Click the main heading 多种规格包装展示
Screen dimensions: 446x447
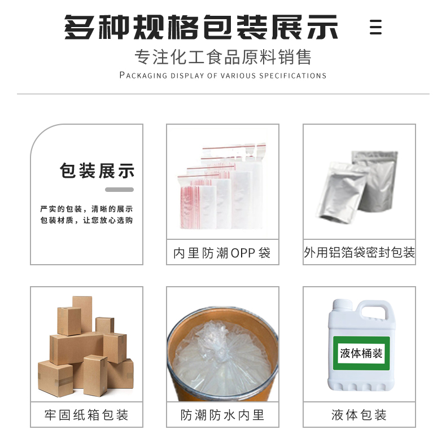tap(201, 27)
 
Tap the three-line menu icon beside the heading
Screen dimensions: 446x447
tap(375, 27)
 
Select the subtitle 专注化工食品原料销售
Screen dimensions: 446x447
tap(223, 57)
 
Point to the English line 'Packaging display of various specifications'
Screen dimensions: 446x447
tap(223, 76)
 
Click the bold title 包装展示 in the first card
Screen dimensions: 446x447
tap(97, 171)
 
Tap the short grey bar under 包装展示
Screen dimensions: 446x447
tap(120, 190)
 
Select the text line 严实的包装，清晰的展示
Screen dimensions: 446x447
tap(87, 209)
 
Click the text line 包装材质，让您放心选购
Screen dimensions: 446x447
tap(87, 220)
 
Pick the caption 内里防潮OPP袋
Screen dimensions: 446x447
tap(222, 253)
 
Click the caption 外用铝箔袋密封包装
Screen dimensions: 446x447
tap(359, 252)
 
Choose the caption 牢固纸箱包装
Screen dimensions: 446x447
tap(86, 415)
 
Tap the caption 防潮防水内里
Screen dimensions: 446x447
tap(222, 415)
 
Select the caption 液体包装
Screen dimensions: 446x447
tap(359, 415)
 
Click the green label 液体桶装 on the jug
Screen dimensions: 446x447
tap(361, 353)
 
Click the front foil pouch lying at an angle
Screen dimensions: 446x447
tap(341, 193)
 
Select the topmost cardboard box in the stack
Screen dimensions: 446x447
tap(82, 314)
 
